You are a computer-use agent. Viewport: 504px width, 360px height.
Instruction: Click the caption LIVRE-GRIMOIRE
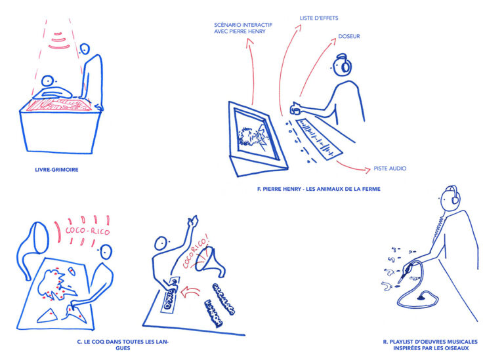click(x=56, y=170)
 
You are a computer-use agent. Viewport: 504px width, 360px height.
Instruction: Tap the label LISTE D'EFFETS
click(x=319, y=18)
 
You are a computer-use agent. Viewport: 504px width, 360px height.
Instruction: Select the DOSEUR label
click(x=349, y=37)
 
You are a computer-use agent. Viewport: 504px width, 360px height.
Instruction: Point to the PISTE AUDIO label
click(x=390, y=169)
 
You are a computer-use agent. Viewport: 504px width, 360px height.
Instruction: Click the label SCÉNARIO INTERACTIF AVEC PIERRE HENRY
click(x=243, y=28)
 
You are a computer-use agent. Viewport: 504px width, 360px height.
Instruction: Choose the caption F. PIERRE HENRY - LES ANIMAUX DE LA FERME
click(x=318, y=189)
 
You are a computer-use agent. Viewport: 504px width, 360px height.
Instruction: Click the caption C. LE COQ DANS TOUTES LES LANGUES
click(x=123, y=345)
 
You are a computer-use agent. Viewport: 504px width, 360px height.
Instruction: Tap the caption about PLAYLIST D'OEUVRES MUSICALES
click(x=430, y=345)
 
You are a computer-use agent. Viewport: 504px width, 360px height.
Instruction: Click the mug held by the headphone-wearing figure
click(x=295, y=109)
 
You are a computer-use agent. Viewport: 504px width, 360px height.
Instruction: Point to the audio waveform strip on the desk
click(x=319, y=139)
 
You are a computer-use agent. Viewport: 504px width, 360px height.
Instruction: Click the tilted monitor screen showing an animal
click(x=256, y=135)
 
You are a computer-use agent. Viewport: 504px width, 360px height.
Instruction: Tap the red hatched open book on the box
click(x=60, y=105)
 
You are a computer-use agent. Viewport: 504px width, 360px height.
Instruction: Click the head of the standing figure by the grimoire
click(x=85, y=49)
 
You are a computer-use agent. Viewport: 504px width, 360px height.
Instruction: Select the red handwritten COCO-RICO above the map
click(x=87, y=230)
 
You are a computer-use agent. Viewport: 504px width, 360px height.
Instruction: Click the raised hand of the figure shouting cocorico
click(x=193, y=221)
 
